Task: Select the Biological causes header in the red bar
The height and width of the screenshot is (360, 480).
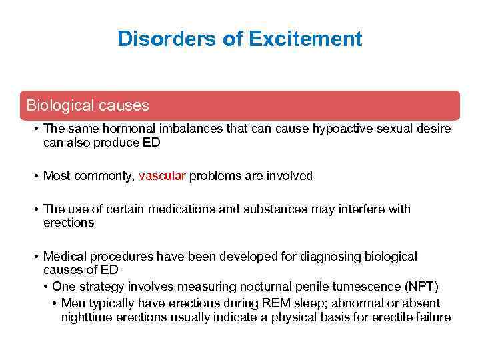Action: [x=87, y=105]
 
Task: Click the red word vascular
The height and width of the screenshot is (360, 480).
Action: [x=163, y=176]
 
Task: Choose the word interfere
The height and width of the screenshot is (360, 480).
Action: [x=363, y=209]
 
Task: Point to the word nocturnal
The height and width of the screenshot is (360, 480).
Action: [x=247, y=287]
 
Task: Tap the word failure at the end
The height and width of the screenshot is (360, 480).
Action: [x=433, y=317]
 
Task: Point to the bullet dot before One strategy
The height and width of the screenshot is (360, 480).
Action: [x=45, y=287]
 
